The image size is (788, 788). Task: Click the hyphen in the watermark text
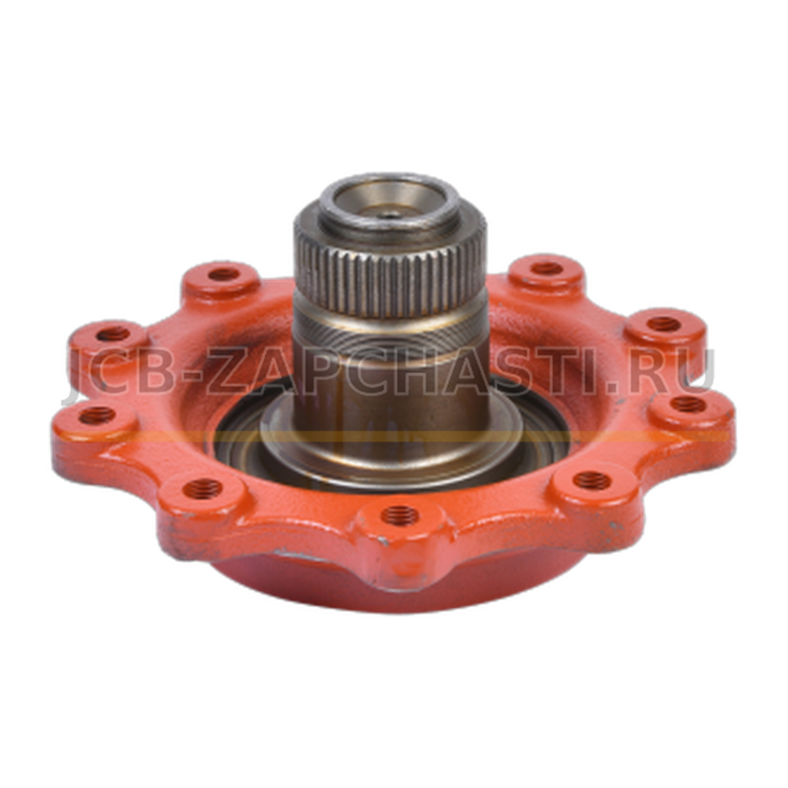[190, 376]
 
